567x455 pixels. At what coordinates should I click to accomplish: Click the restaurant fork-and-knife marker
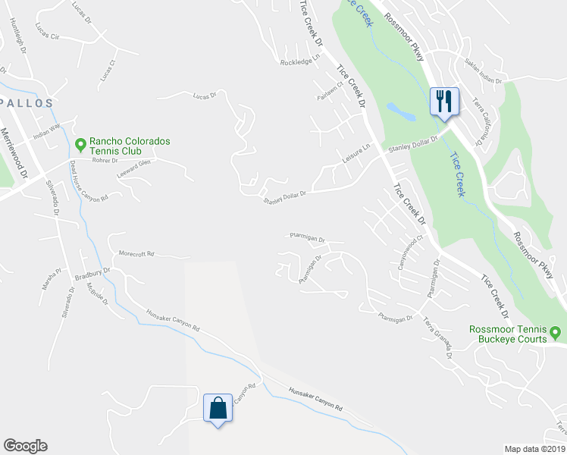point(443,101)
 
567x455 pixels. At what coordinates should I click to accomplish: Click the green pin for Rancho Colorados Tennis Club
point(80,143)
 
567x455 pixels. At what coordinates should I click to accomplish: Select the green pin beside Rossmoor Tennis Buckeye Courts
point(555,332)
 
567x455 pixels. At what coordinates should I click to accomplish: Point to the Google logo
point(25,446)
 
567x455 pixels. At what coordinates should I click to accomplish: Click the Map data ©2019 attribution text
point(534,448)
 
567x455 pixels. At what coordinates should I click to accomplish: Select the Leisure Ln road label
point(355,155)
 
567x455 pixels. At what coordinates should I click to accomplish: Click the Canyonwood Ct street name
point(409,256)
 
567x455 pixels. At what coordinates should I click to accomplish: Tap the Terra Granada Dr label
point(438,337)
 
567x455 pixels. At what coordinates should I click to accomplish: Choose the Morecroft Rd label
point(136,253)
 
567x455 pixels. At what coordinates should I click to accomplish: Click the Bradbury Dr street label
point(92,273)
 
